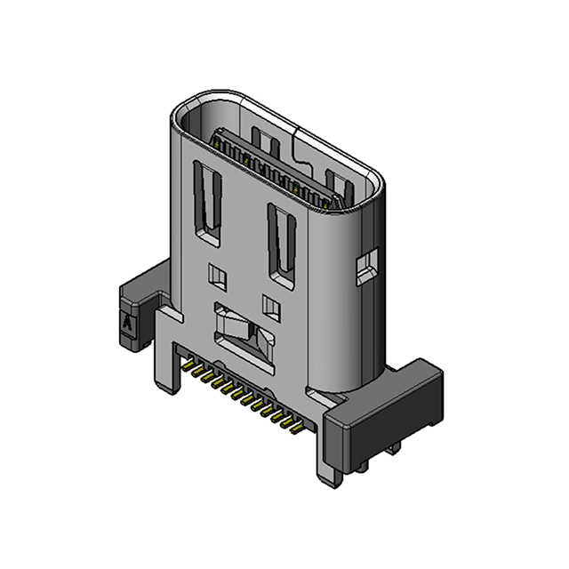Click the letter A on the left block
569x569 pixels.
128,325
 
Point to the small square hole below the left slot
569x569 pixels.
217,276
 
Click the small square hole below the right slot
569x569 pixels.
272,309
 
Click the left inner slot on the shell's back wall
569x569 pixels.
262,140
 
